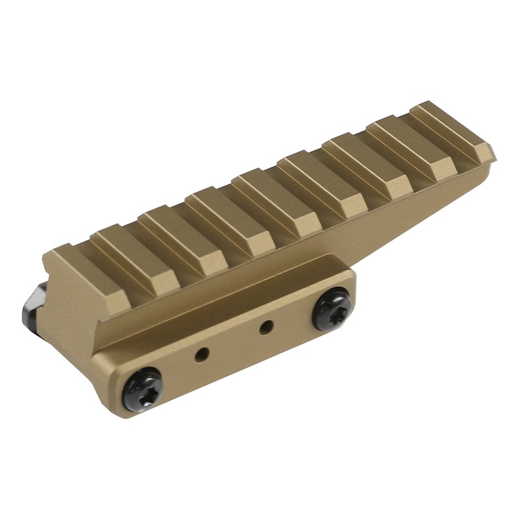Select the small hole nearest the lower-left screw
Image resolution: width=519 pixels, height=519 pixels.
pyautogui.click(x=203, y=354)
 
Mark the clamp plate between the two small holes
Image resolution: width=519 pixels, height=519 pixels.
pyautogui.click(x=234, y=342)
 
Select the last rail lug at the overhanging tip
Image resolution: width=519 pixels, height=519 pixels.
pyautogui.click(x=451, y=130)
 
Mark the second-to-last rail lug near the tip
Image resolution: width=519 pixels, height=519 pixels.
pyautogui.click(x=405, y=147)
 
